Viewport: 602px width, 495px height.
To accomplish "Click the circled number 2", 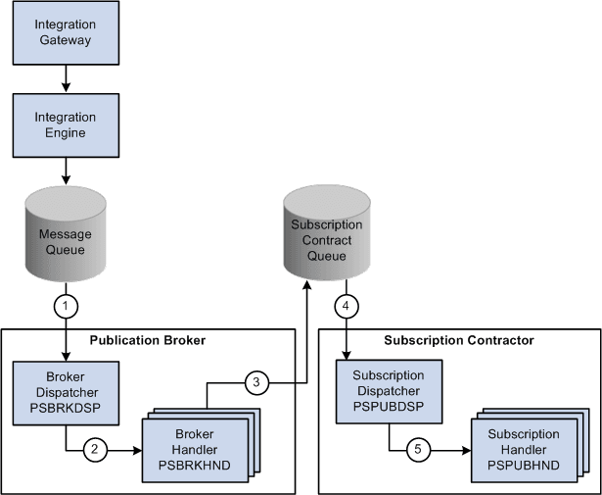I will [94, 451].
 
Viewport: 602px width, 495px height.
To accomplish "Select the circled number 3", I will [255, 381].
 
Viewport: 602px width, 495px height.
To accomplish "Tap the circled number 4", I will [346, 306].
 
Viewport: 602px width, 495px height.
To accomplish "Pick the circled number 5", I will [418, 450].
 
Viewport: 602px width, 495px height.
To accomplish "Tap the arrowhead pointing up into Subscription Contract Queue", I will [307, 286].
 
